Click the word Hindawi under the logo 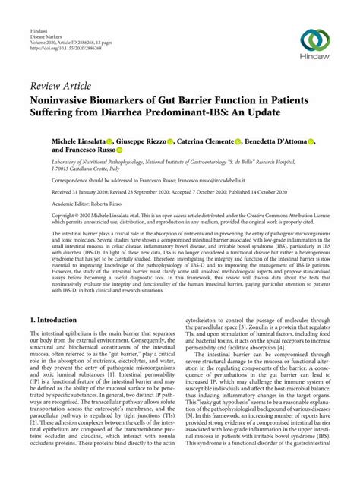pos(316,62)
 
